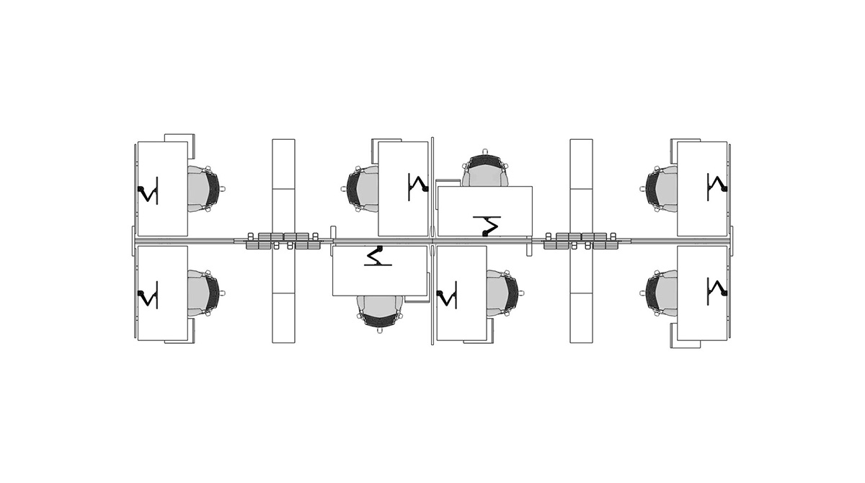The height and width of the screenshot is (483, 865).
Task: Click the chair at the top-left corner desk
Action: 204,189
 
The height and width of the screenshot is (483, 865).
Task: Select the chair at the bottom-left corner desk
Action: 204,293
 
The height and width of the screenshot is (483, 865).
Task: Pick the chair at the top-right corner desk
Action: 661,189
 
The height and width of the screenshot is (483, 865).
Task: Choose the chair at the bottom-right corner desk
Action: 661,293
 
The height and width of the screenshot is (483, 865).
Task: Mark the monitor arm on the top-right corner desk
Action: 717,185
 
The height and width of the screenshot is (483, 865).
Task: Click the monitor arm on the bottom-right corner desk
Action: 717,289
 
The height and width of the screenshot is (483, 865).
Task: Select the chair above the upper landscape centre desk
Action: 485,171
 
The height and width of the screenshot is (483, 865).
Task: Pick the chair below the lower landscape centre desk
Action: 380,311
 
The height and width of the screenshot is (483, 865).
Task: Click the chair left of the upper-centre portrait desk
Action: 363,189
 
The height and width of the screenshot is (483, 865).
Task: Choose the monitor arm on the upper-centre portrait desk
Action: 418,185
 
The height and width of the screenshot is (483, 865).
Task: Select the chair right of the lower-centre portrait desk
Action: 502,293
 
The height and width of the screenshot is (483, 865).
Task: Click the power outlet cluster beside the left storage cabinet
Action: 283,241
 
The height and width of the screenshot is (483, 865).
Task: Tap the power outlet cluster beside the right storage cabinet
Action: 582,241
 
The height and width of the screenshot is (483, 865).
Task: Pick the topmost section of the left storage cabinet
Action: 283,164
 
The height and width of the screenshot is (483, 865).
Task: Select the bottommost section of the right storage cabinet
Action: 581,318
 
